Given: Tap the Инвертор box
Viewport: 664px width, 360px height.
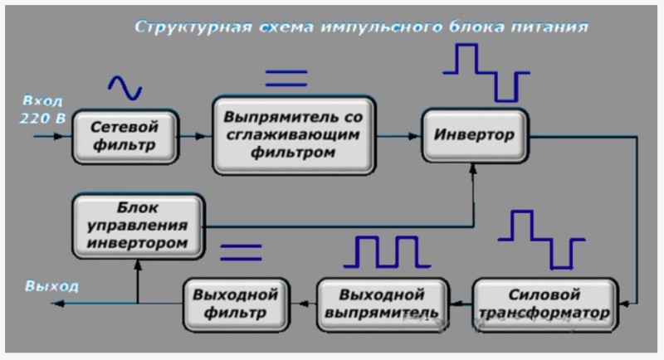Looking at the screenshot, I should tap(474, 135).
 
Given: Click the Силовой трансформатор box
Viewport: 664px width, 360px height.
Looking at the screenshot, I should tap(545, 304).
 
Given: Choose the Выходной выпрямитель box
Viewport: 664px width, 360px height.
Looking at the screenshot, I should tap(382, 304).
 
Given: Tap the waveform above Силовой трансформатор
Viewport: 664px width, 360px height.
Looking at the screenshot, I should tap(540, 238).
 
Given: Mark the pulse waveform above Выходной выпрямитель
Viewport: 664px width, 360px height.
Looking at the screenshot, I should tap(387, 252).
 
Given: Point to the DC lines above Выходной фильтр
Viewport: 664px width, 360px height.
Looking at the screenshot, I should tap(240, 251).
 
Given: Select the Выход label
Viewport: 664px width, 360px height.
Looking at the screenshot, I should tap(51, 287).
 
